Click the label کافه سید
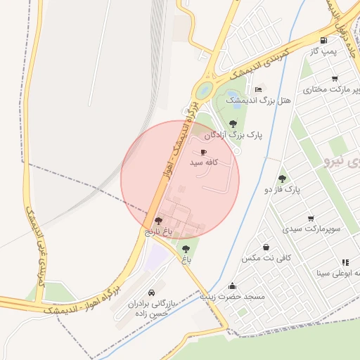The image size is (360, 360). [x=205, y=162]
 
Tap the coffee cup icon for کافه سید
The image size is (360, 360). [x=203, y=152]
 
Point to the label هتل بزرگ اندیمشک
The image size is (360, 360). [x=258, y=101]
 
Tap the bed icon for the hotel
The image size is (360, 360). [x=259, y=90]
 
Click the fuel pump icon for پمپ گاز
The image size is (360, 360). [x=323, y=40]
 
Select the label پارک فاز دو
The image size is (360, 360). [x=282, y=190]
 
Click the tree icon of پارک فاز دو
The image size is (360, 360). [x=283, y=179]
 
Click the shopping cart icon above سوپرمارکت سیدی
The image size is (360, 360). [x=311, y=219]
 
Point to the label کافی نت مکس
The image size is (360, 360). [x=266, y=258]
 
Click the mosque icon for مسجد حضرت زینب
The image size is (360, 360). [x=233, y=286]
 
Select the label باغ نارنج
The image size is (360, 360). [x=158, y=231]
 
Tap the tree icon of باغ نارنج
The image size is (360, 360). [x=157, y=221]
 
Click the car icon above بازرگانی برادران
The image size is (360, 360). [x=151, y=292]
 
